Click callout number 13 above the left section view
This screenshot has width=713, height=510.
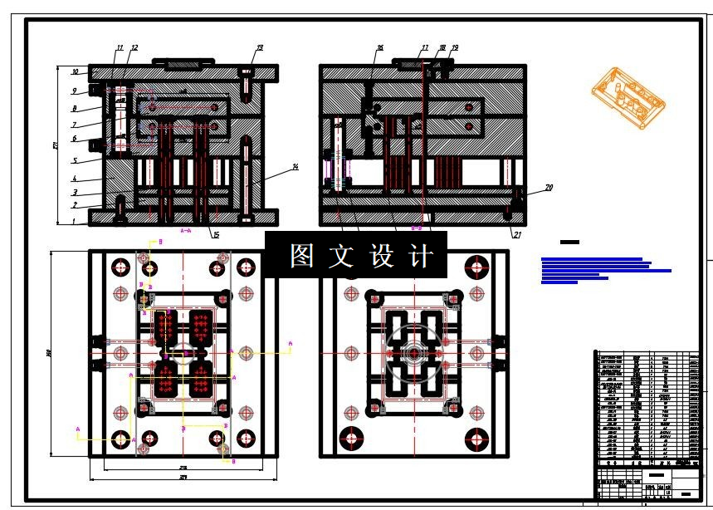click(260, 48)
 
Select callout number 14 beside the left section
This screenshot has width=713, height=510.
click(295, 168)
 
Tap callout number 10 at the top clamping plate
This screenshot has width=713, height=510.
click(75, 72)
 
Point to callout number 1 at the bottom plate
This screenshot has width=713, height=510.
click(73, 222)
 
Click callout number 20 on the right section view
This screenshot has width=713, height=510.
click(549, 188)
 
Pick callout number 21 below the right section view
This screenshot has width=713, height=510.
click(517, 235)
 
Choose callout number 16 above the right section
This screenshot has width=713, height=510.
click(379, 48)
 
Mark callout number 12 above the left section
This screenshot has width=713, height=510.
click(134, 48)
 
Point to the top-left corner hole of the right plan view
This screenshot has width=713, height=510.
click(350, 267)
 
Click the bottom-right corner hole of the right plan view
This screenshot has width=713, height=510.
click(477, 438)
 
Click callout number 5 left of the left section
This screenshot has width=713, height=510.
click(74, 160)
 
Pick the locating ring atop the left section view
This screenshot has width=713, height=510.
click(182, 62)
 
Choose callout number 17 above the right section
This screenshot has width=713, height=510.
click(424, 48)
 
